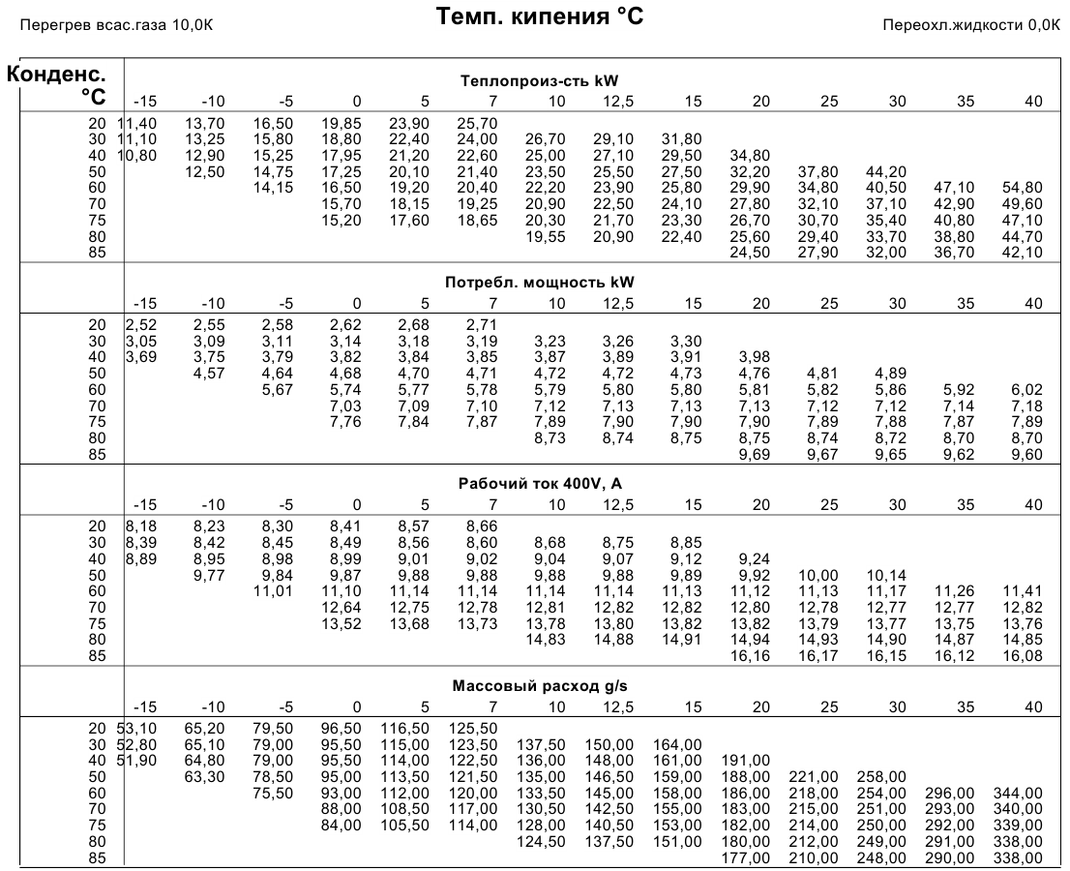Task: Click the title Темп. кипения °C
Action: [x=539, y=15]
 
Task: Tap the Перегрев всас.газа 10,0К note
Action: [x=116, y=25]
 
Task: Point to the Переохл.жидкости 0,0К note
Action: [x=971, y=25]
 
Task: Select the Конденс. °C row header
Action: [x=57, y=85]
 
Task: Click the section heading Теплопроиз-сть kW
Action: [x=539, y=81]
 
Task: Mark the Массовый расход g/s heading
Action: [x=539, y=685]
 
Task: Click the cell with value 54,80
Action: [x=1023, y=188]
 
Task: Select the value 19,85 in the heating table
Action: [x=342, y=124]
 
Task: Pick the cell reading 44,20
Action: [x=886, y=172]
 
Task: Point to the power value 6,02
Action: [x=1027, y=390]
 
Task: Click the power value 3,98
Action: [x=754, y=357]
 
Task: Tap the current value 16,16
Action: [x=750, y=656]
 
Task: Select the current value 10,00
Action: [x=818, y=576]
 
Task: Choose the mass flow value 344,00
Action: [x=1018, y=794]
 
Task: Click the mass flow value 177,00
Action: [x=746, y=858]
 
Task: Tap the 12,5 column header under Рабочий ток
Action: [x=617, y=505]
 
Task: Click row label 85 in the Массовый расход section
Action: [x=98, y=858]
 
